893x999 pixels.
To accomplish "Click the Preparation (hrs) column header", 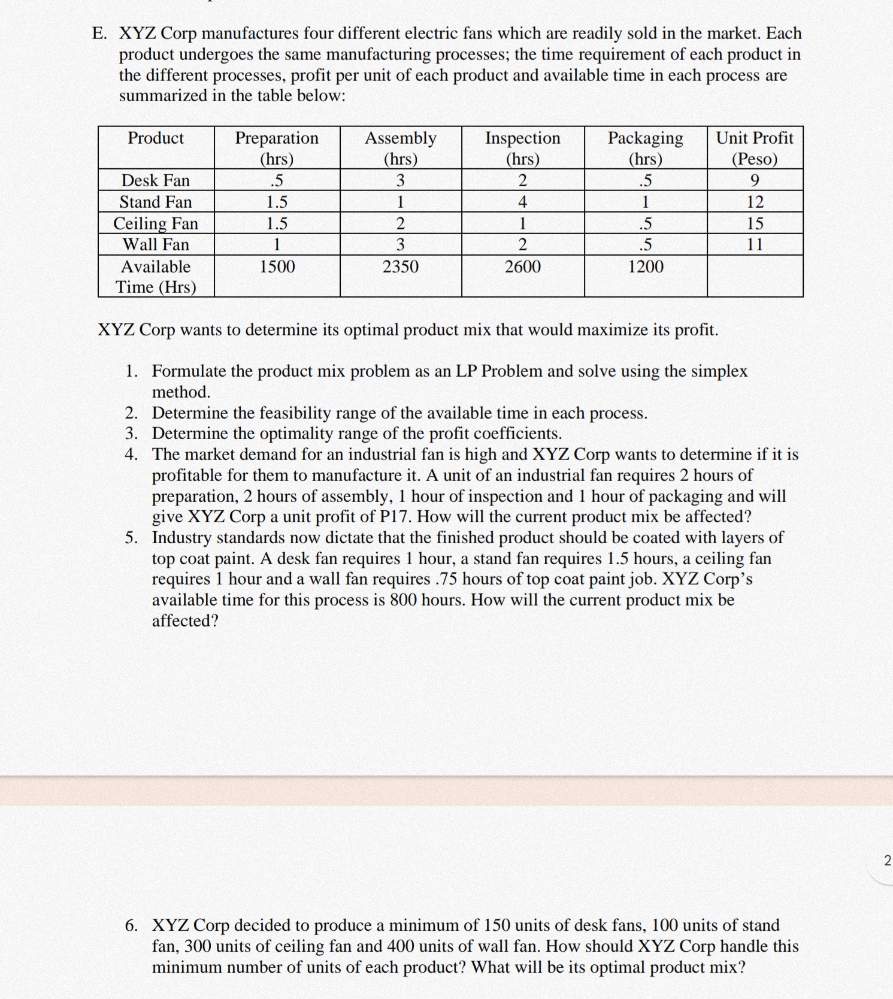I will pos(277,148).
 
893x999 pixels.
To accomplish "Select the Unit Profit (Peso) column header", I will pos(755,148).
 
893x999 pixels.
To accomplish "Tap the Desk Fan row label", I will pos(156,180).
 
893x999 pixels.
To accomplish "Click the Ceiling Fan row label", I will pos(156,223).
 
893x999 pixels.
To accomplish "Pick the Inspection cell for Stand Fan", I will pos(522,202).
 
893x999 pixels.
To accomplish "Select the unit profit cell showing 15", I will pos(755,223).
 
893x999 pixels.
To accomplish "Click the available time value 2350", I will pos(401,267).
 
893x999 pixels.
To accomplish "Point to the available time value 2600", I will pos(522,267).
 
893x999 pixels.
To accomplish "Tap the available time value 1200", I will pos(646,267).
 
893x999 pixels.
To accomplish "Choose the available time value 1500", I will pos(277,267).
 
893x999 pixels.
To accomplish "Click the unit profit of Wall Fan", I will pos(755,244).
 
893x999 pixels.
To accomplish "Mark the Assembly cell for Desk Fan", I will pos(401,180).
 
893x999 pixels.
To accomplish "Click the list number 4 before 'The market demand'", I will pos(131,454).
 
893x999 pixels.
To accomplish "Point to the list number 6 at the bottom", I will pos(131,925).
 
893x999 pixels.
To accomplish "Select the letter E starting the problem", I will pos(99,34).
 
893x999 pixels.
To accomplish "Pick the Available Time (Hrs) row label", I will pos(156,277).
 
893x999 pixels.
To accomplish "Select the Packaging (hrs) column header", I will pos(646,148).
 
